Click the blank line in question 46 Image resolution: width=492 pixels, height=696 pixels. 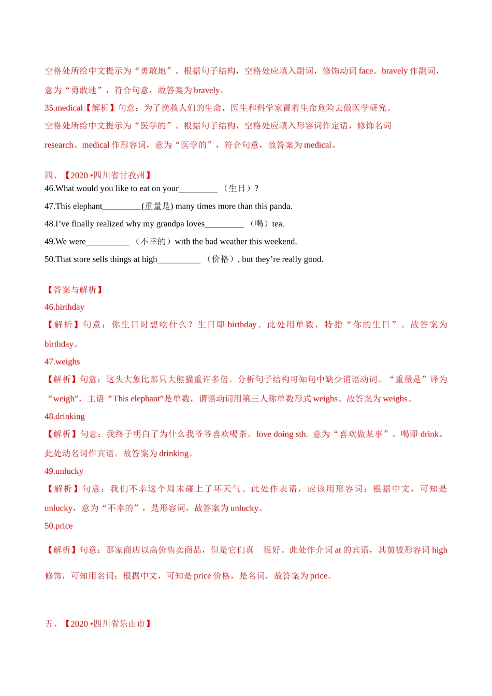point(198,190)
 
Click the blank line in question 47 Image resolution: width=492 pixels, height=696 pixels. point(122,207)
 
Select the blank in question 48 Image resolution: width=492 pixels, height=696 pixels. point(224,225)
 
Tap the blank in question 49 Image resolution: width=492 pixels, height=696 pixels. point(108,242)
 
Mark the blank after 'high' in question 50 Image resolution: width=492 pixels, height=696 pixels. point(179,260)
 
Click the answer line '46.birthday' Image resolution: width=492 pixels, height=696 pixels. point(64,307)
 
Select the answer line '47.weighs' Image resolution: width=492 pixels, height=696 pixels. point(62,362)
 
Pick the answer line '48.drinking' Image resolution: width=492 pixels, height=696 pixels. point(65,416)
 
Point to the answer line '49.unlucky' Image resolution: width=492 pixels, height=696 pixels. point(64,471)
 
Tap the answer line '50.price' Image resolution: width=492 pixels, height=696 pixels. point(59,526)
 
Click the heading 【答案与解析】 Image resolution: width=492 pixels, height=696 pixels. point(75,289)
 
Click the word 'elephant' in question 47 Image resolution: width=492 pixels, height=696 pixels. point(86,206)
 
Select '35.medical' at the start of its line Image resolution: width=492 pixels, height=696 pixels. point(64,108)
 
